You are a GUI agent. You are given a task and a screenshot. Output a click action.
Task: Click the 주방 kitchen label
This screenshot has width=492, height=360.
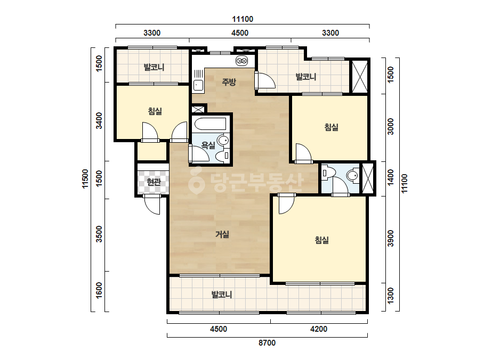pos(229,82)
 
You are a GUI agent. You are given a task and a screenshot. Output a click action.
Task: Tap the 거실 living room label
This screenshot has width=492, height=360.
pos(222,234)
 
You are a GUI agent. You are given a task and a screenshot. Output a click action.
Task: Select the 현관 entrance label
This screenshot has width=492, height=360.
pos(154,182)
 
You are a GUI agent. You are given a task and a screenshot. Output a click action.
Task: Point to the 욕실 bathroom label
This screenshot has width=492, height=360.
pos(208,145)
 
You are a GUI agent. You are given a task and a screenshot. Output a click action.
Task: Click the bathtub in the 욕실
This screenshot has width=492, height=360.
pos(210,124)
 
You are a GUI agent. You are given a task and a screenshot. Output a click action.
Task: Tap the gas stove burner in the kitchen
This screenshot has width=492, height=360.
pos(241,61)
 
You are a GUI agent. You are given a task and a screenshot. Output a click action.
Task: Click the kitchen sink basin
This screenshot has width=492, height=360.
pos(198,85)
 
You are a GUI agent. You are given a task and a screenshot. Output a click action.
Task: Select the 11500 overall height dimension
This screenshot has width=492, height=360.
pos(85,179)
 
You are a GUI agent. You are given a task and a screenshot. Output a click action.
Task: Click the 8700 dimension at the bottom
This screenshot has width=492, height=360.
pos(267,343)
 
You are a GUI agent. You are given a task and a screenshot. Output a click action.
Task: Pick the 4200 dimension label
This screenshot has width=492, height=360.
pos(318,329)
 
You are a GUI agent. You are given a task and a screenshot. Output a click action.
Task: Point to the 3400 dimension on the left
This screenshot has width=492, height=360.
pos(99,120)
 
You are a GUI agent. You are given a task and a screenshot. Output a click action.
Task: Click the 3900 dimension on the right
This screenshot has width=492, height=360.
pos(390,239)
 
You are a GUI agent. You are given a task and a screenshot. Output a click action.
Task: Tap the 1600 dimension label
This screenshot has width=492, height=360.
pos(99,290)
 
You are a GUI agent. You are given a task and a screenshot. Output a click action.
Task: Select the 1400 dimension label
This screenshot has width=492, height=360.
pos(390,177)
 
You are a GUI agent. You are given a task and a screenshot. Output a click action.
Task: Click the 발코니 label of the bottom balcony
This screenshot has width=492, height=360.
pos(222,294)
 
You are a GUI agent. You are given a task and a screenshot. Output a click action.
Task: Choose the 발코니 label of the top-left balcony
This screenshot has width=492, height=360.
pos(154,67)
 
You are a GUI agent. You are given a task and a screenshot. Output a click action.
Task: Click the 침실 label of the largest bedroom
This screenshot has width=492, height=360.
pos(321,240)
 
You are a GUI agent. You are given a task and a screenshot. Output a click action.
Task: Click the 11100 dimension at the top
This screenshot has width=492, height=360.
pos(243,19)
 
